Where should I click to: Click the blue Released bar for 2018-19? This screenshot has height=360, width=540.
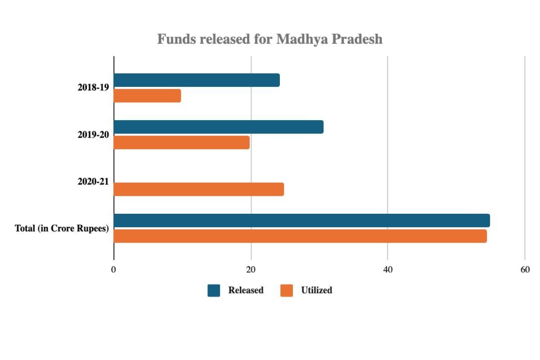[x=197, y=80]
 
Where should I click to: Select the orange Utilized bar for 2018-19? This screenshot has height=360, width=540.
[x=147, y=96]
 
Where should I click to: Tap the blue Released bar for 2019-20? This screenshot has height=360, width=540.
[x=218, y=127]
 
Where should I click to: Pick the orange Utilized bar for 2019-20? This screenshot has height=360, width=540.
[x=181, y=143]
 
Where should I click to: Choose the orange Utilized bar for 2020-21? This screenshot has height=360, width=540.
[x=198, y=189]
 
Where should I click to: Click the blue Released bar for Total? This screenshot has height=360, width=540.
[x=301, y=220]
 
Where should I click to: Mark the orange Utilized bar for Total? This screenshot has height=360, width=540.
[x=300, y=236]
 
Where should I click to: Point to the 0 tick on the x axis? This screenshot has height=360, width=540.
[x=114, y=270]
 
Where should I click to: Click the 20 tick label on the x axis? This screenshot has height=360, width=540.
[x=251, y=270]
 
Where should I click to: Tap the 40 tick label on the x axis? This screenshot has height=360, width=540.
[x=387, y=270]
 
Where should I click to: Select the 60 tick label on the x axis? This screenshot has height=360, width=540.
[x=525, y=270]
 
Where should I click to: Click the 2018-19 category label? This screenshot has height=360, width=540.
[x=93, y=88]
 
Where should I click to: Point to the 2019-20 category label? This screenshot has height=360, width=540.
[x=93, y=135]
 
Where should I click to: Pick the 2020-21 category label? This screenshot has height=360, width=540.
[x=93, y=182]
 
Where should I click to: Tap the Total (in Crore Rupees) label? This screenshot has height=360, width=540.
[x=62, y=229]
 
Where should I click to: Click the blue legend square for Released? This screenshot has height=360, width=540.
[x=214, y=291]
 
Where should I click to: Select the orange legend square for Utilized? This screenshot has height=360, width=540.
[x=287, y=291]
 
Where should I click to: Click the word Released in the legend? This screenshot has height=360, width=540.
[x=246, y=291]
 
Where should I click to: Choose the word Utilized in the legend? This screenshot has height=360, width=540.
[x=316, y=291]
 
